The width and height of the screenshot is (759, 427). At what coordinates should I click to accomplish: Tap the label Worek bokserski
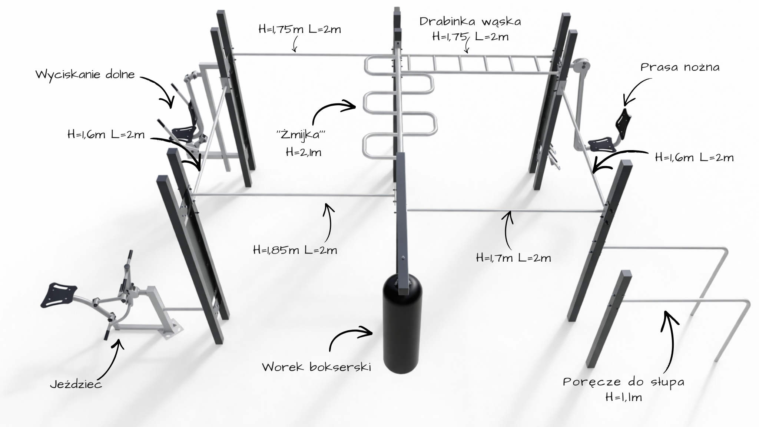[316, 367]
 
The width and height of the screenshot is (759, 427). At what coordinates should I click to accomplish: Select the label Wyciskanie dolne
[85, 74]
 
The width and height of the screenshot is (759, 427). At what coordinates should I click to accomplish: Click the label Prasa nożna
[680, 67]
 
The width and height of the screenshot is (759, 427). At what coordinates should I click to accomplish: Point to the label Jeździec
[76, 384]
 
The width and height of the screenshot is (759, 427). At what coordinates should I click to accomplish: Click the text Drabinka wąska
[470, 21]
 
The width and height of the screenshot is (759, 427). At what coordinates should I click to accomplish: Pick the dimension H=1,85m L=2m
[295, 250]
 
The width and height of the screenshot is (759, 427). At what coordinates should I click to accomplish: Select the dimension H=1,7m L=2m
[513, 258]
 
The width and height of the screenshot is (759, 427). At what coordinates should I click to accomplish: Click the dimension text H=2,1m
[304, 152]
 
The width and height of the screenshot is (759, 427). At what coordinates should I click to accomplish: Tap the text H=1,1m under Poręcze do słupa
[624, 397]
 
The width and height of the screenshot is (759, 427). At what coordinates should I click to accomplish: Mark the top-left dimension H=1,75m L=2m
[300, 29]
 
